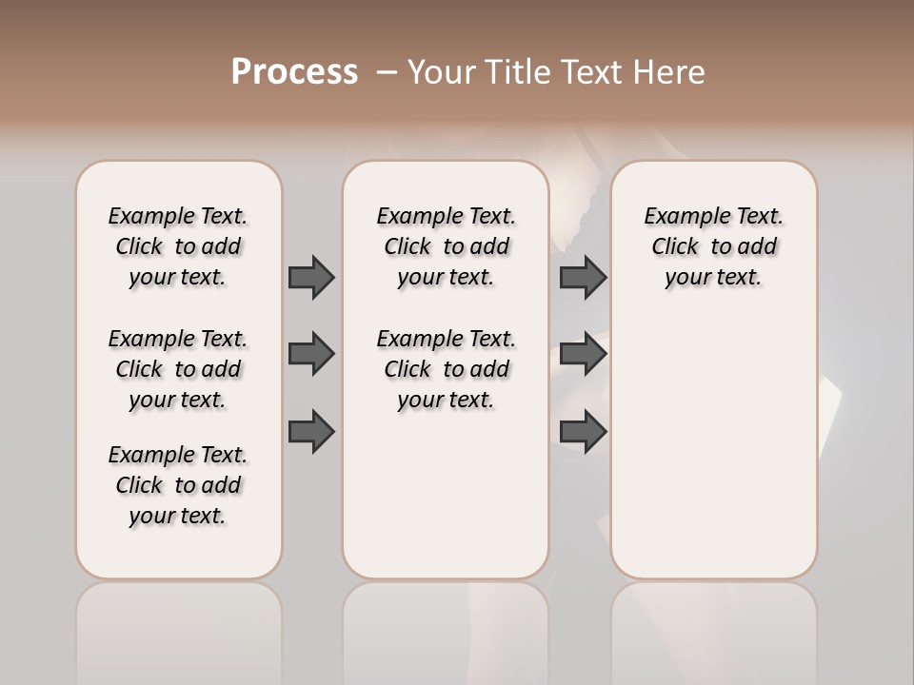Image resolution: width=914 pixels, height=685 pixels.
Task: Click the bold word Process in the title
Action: tap(294, 72)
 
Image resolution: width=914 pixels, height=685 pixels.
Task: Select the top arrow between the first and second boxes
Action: tap(311, 277)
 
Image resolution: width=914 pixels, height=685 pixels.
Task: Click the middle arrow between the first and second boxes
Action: tap(311, 354)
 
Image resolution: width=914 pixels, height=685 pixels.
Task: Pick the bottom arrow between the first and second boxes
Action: tap(311, 432)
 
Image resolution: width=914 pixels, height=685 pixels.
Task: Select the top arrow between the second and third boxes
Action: tap(583, 277)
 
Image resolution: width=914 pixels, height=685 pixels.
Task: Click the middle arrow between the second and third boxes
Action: tap(583, 354)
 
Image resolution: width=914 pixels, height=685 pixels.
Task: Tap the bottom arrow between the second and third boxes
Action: tap(583, 432)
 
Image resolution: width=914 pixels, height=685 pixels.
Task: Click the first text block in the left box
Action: tap(178, 246)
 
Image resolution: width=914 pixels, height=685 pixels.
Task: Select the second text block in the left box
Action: tap(178, 369)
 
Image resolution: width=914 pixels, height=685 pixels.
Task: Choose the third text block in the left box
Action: tap(178, 485)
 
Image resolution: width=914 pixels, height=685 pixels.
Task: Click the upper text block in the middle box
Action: tap(446, 246)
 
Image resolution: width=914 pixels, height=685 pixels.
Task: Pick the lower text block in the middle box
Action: tap(446, 369)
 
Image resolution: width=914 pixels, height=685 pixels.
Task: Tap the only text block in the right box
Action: tap(713, 246)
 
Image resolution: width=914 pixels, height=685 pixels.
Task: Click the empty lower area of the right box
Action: tap(713, 447)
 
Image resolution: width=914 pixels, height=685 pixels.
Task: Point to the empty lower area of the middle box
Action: tap(446, 495)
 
